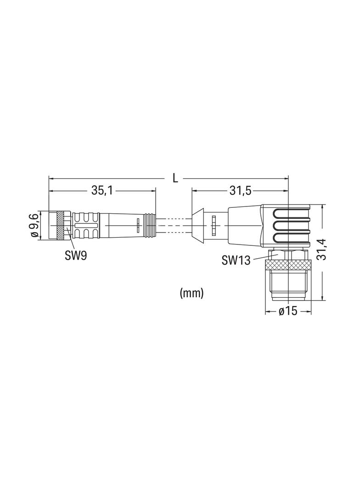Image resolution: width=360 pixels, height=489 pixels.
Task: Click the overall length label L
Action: [x=175, y=178]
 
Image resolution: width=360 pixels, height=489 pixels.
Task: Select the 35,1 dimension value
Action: [x=102, y=190]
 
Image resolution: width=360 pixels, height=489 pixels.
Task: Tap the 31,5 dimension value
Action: [x=241, y=190]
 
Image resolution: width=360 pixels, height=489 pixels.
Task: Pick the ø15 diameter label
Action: [x=288, y=311]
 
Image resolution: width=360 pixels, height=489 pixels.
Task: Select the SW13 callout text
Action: [x=236, y=260]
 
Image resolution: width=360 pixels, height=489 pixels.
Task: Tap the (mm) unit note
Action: [x=191, y=293]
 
